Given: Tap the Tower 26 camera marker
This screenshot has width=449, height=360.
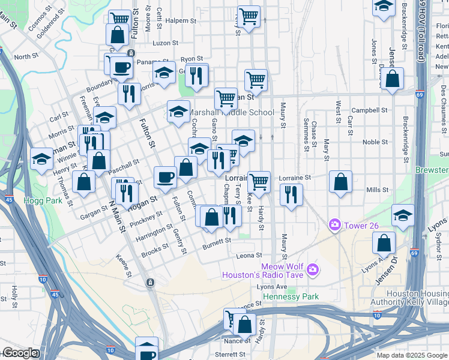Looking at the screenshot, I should click(x=334, y=225).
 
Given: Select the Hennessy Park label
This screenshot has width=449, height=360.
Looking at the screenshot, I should click(x=294, y=296).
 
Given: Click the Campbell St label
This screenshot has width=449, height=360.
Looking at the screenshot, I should click(x=369, y=110).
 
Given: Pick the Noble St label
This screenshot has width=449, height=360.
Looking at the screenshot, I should click(x=375, y=142).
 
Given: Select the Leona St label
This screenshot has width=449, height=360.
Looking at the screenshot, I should click(x=249, y=256).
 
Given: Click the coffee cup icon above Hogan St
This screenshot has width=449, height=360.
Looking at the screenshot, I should click(x=165, y=177).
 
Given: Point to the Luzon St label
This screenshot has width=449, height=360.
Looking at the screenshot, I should click(x=166, y=43).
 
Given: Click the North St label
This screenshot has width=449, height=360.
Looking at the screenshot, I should click(x=26, y=57).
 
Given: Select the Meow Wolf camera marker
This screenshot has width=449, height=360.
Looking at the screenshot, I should click(x=312, y=270).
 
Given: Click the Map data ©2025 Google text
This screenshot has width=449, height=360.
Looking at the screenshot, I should click(x=411, y=355).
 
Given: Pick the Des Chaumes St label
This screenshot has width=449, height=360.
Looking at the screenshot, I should click(x=444, y=101).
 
